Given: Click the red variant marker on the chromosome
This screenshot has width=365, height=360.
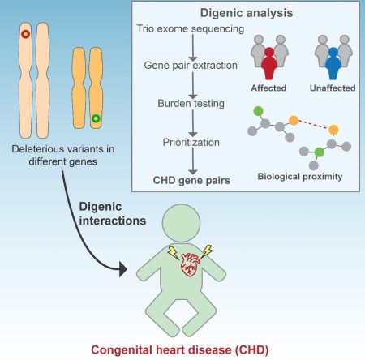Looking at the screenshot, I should coord(25,35).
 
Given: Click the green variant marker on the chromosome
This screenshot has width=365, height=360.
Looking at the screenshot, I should coord(97,119).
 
